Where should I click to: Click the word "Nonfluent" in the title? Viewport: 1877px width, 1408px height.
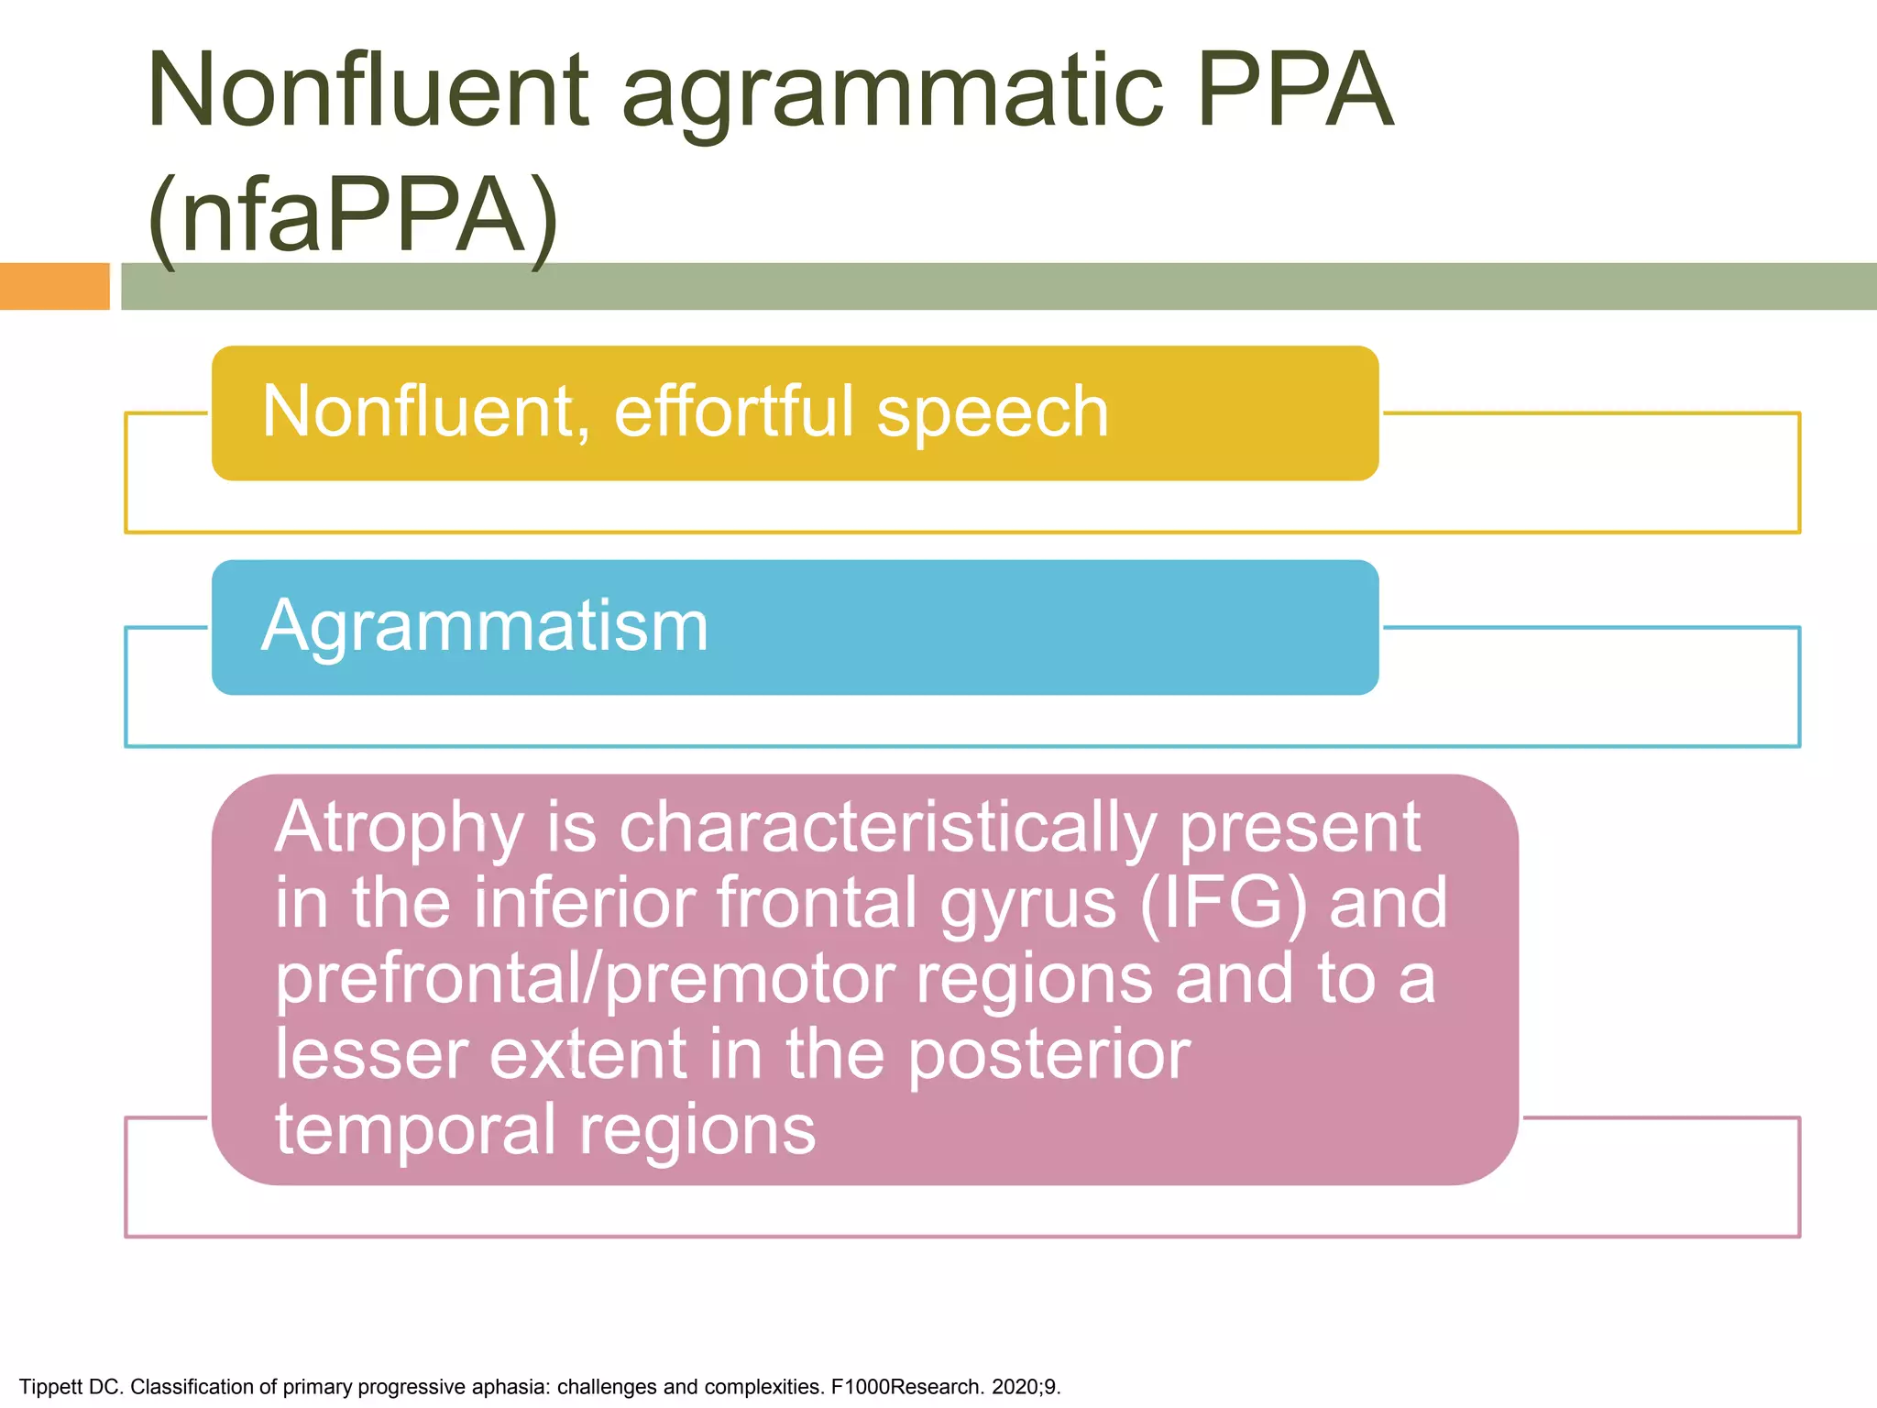pos(368,92)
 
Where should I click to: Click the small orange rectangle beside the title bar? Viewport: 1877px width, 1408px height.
pos(54,286)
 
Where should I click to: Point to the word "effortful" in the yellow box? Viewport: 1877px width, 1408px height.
pos(733,412)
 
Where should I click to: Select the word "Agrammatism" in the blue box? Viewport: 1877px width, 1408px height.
pos(485,626)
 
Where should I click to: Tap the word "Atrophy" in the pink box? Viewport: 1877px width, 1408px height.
pos(400,829)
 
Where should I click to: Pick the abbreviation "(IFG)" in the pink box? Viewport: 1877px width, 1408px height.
pos(1224,904)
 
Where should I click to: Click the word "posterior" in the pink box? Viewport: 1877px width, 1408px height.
pos(1049,1055)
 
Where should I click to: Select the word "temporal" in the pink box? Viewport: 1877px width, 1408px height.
pos(416,1131)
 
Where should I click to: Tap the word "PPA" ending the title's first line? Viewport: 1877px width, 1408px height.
pos(1294,92)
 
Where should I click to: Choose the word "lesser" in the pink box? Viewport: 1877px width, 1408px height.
pos(371,1055)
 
